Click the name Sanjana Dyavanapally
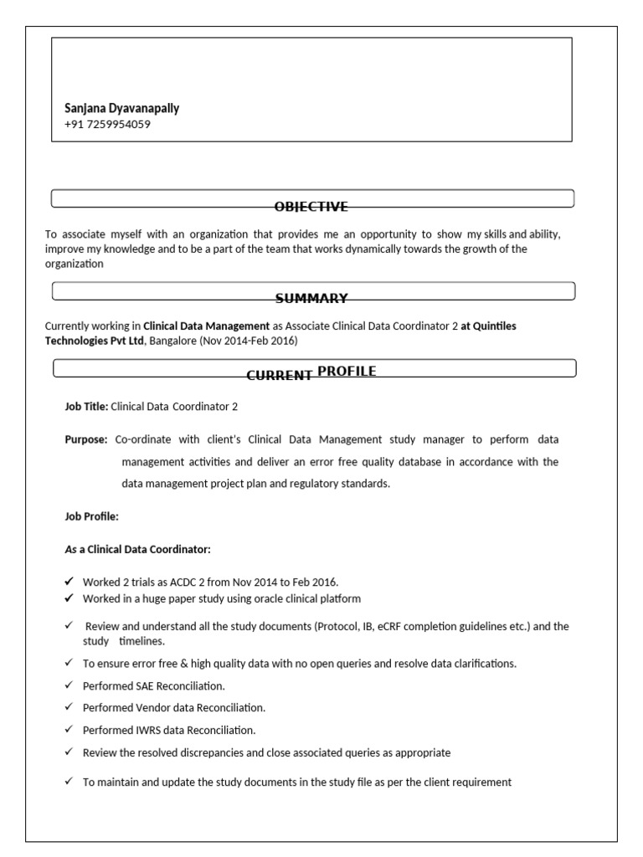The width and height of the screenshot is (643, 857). coord(121,108)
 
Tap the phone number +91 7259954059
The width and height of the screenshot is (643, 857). coord(107,125)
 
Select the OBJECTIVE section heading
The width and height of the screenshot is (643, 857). coord(311,207)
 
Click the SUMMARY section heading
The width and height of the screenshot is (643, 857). coord(311,299)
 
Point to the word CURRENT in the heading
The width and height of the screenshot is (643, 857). coord(279,376)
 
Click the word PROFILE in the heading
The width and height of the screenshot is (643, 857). coord(347,371)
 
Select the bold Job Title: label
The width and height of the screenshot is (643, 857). coord(86,407)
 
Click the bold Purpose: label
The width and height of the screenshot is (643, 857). coord(86,439)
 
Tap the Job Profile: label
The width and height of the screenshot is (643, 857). coord(92,516)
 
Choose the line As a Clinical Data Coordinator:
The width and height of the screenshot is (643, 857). coord(138,549)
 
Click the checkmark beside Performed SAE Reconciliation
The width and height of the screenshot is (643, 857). coord(69,685)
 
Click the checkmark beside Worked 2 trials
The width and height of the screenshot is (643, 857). coord(69,582)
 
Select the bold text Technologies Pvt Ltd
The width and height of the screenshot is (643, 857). coord(94,341)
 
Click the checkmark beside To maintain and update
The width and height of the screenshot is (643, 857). coord(69,782)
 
